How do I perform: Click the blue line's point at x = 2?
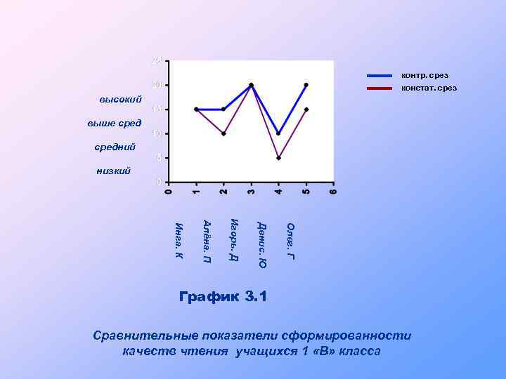[223, 109]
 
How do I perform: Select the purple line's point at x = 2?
[223, 133]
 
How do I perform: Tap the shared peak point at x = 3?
[251, 85]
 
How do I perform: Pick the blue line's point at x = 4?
[278, 133]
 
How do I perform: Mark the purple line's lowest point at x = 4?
[278, 158]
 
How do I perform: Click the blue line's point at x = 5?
[306, 85]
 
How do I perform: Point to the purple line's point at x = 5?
[306, 109]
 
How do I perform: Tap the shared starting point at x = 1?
[196, 109]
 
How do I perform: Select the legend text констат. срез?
[429, 88]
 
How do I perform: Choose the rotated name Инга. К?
[179, 239]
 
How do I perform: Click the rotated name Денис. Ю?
[261, 244]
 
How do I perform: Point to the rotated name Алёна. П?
[207, 241]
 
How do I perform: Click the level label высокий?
[121, 100]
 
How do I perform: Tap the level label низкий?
[113, 171]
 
